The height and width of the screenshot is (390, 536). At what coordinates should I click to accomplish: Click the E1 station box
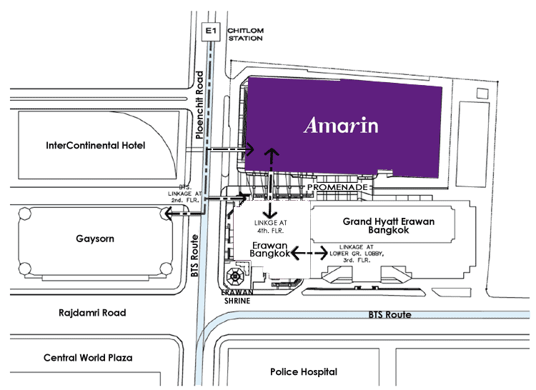(211, 31)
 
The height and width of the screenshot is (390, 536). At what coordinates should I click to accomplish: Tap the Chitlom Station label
(245, 34)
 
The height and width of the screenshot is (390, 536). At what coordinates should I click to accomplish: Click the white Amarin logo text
(341, 125)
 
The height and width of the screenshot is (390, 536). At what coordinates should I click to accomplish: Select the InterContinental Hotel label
(95, 146)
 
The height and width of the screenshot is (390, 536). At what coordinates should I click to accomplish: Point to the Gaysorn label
(95, 239)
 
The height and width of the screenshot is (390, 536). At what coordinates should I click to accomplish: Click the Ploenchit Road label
(199, 105)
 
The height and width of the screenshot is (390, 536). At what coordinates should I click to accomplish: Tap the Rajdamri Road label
(92, 313)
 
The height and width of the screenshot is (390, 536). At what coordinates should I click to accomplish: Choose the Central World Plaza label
(88, 358)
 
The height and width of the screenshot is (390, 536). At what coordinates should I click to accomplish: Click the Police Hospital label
(304, 372)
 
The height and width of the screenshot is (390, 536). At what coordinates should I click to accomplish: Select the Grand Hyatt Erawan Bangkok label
(389, 226)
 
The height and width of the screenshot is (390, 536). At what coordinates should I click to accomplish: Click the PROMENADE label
(337, 187)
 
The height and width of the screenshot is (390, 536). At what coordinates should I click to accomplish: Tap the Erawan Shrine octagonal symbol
(235, 276)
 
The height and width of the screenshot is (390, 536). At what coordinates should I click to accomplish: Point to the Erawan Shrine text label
(237, 296)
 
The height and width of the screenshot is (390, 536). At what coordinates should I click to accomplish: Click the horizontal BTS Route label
(389, 315)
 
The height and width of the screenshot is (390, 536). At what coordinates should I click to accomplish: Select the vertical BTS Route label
(194, 256)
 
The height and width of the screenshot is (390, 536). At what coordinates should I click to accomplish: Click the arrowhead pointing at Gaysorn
(169, 214)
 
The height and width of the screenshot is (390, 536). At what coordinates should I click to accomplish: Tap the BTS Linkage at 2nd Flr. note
(184, 194)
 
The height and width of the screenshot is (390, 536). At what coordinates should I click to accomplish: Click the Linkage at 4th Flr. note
(270, 226)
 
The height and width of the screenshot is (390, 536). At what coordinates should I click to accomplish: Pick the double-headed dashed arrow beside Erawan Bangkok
(309, 253)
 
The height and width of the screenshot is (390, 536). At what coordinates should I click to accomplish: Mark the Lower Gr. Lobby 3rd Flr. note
(357, 254)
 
